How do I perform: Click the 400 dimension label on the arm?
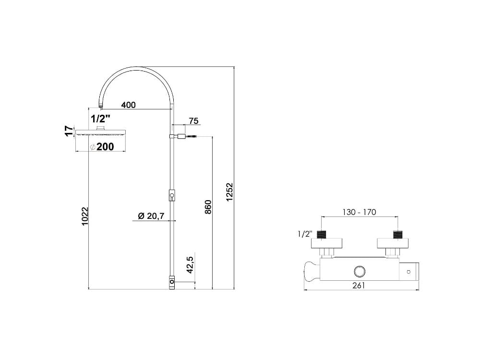coord(128,105)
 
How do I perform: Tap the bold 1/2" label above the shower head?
coord(101,118)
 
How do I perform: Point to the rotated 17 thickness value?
coord(69,131)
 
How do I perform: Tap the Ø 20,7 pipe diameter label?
coord(151,216)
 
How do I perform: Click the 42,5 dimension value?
coord(190,265)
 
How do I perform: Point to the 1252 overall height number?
coord(229,192)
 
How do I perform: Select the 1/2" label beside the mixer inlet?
coord(304,234)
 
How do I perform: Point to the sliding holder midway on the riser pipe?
coord(172,195)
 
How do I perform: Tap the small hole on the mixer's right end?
coord(408,272)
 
